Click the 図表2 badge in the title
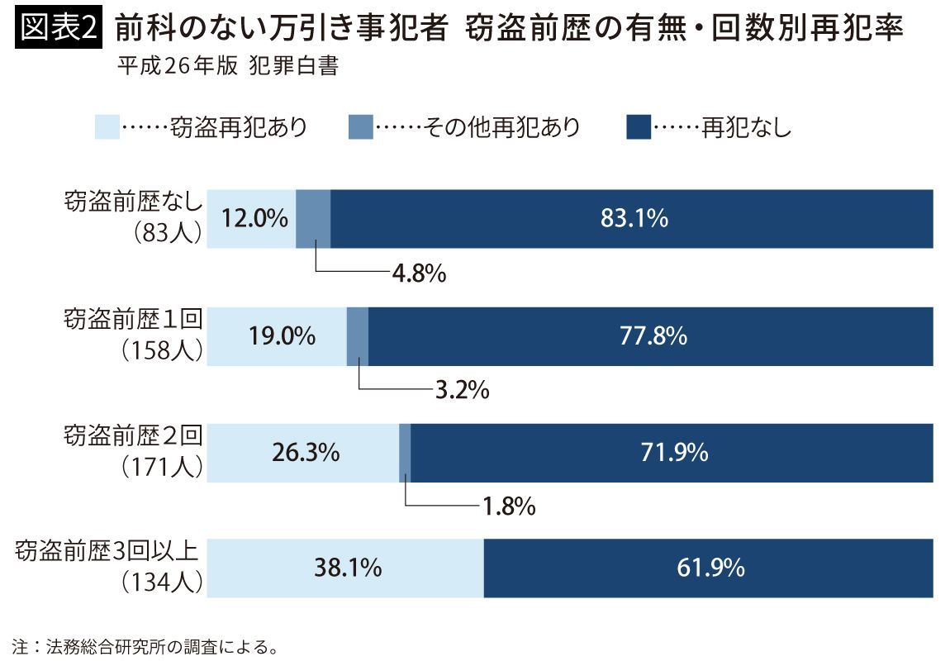coord(56,31)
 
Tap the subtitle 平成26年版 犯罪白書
coord(228,67)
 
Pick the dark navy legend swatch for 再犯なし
coord(639,127)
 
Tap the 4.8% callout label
coord(418,273)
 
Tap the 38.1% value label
coord(347,568)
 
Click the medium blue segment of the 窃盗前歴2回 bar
coord(405,453)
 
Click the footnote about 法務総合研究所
coord(144,645)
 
